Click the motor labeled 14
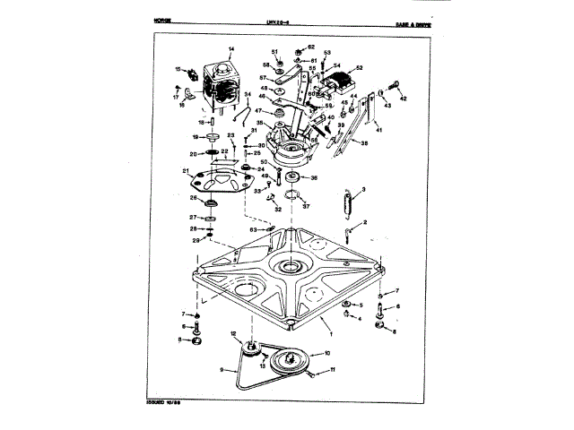[x=220, y=82]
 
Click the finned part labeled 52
[x=343, y=78]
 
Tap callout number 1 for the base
[x=330, y=331]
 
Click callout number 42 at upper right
[x=404, y=99]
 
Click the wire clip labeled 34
[x=239, y=112]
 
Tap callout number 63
[x=254, y=229]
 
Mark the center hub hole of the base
[x=292, y=266]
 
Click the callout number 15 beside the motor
[x=178, y=69]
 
